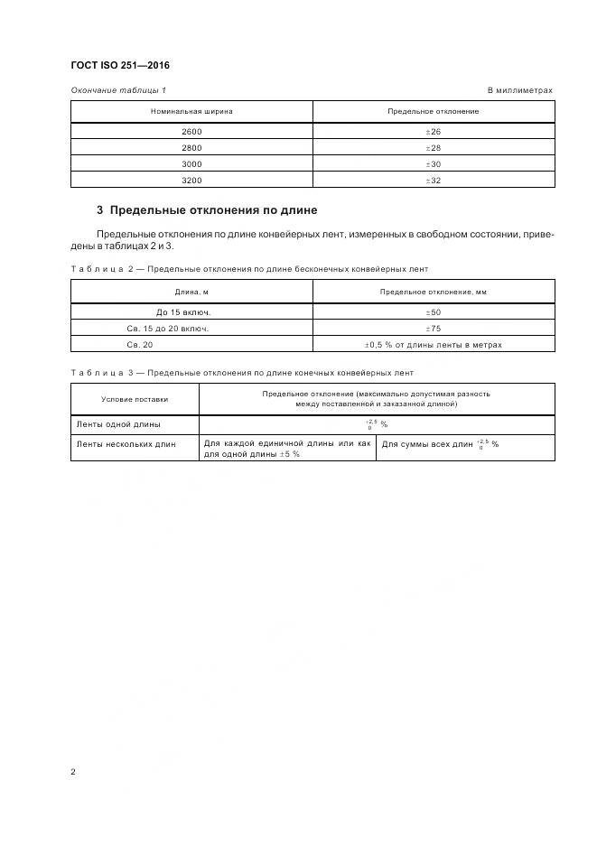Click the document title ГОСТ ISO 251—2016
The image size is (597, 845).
[119, 65]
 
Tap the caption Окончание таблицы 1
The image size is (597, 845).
[118, 90]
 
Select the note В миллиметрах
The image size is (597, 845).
[519, 90]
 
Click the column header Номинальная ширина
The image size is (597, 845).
[191, 111]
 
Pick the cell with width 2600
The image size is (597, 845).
[191, 132]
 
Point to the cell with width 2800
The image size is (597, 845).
[191, 148]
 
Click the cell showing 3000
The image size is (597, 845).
[191, 164]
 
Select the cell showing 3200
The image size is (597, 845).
[191, 181]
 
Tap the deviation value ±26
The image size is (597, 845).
[433, 132]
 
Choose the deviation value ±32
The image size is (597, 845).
[433, 181]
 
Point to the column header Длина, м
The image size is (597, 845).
[191, 292]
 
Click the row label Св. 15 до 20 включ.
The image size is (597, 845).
[171, 329]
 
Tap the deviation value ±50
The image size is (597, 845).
[433, 312]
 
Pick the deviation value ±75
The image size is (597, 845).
[433, 329]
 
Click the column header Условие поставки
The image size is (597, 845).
[135, 399]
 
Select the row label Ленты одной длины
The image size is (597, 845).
[113, 423]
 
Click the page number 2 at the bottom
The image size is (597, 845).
[72, 773]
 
